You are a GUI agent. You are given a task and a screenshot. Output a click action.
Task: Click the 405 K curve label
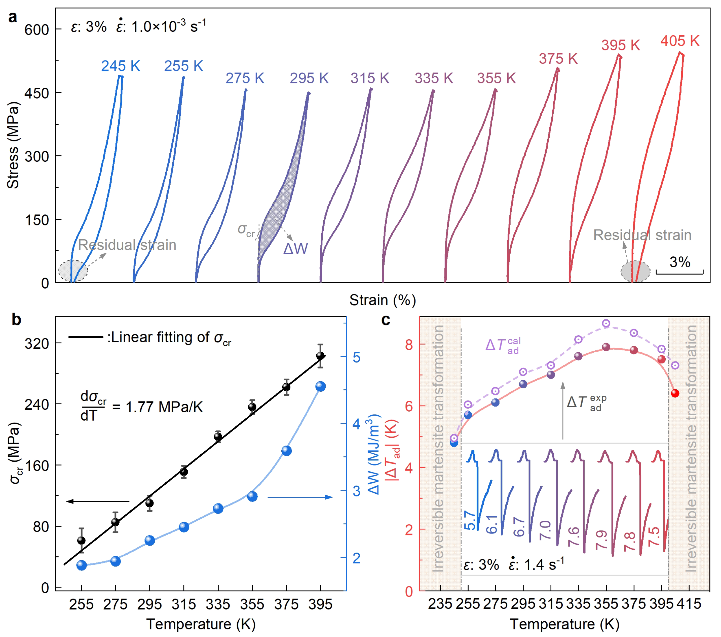pyautogui.click(x=679, y=41)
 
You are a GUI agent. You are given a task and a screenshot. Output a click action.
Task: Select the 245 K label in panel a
pyautogui.click(x=121, y=66)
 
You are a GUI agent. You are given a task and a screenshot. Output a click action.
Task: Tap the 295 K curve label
pyautogui.click(x=309, y=78)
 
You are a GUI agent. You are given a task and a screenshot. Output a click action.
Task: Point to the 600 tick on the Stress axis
pyautogui.click(x=37, y=30)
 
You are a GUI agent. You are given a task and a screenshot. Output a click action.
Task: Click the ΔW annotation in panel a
pyautogui.click(x=296, y=249)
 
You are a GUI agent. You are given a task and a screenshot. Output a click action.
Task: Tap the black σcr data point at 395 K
pyautogui.click(x=320, y=356)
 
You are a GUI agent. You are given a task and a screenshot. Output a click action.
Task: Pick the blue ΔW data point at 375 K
pyautogui.click(x=286, y=451)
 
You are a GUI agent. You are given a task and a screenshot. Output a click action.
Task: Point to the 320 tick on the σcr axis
pyautogui.click(x=37, y=344)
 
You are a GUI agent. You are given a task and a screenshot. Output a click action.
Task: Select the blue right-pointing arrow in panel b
pyautogui.click(x=300, y=497)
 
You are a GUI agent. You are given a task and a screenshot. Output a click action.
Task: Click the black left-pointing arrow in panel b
pyautogui.click(x=98, y=501)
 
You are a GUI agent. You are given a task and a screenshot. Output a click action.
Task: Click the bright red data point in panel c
pyautogui.click(x=675, y=393)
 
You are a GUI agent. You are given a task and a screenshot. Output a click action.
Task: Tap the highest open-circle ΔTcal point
pyautogui.click(x=606, y=323)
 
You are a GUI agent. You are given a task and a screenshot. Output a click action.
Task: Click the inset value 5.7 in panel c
pyautogui.click(x=470, y=520)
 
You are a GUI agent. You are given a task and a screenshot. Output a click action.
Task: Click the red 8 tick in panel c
pyautogui.click(x=409, y=345)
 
